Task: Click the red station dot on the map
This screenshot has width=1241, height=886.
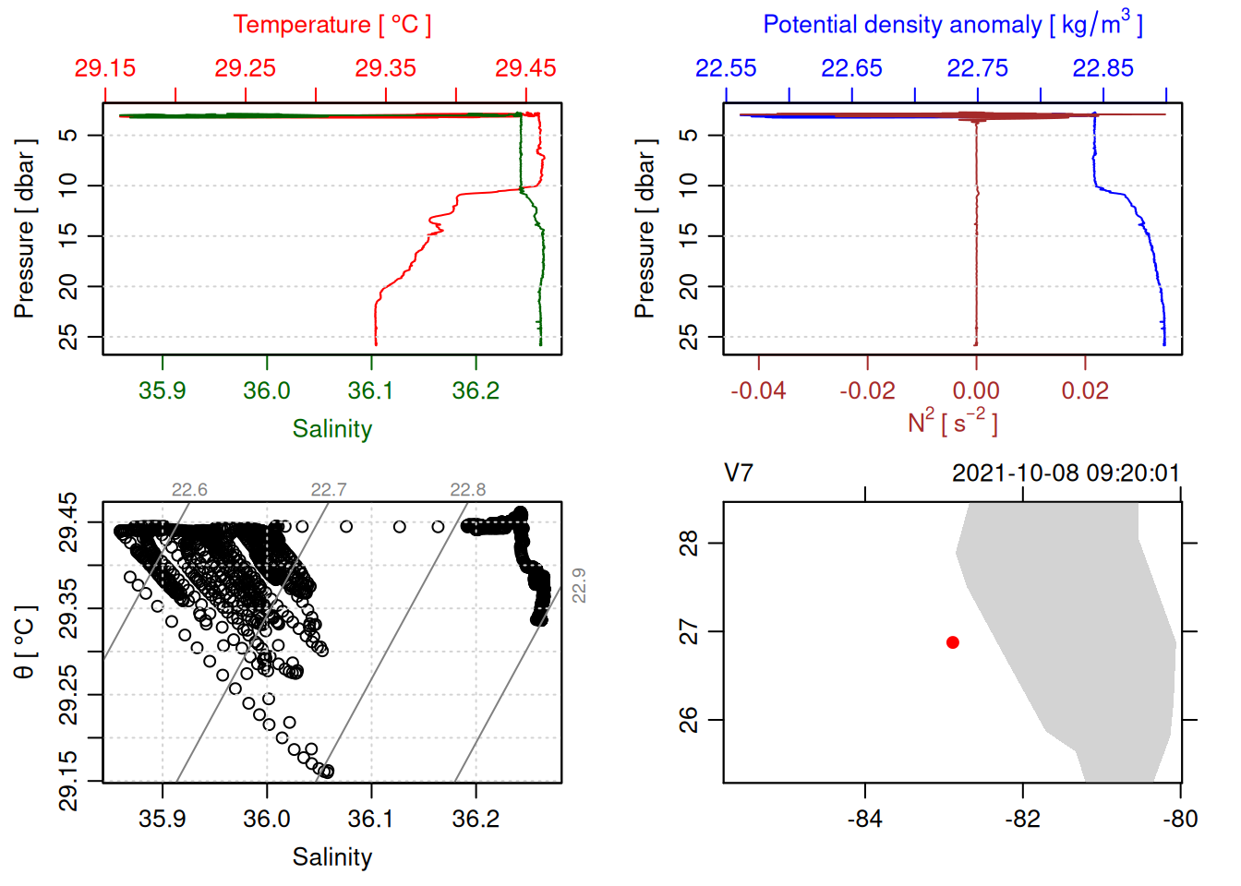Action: (x=953, y=642)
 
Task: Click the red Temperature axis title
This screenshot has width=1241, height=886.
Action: (x=331, y=25)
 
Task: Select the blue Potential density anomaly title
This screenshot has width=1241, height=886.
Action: (x=952, y=24)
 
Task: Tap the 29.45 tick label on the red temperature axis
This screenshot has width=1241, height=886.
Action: (x=525, y=68)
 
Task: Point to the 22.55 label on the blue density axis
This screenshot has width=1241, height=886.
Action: (x=726, y=68)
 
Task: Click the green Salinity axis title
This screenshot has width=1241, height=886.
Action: (x=331, y=429)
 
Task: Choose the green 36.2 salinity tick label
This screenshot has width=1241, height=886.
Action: (x=476, y=390)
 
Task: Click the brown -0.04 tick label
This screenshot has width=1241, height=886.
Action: (x=758, y=390)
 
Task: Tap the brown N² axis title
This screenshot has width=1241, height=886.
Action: (x=952, y=422)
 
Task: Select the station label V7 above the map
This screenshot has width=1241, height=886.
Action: (x=739, y=473)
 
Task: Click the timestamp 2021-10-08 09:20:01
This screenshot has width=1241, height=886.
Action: (x=1066, y=473)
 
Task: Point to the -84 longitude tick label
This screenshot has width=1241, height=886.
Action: (x=865, y=819)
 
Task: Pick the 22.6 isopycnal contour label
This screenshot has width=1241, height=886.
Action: (x=189, y=490)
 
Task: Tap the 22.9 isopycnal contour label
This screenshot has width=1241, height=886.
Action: (x=579, y=585)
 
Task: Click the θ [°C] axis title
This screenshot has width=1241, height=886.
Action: (x=25, y=641)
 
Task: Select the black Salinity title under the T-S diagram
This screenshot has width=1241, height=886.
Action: (x=331, y=857)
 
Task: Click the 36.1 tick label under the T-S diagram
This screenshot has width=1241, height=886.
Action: (x=371, y=819)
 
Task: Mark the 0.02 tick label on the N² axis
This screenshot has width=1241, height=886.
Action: (x=1085, y=390)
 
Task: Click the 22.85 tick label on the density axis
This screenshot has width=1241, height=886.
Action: (x=1102, y=68)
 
